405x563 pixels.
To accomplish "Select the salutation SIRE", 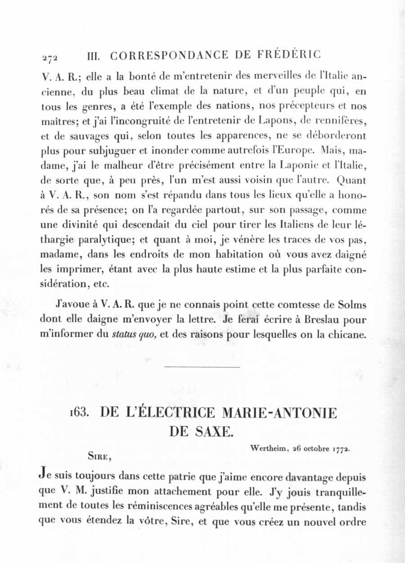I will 99,456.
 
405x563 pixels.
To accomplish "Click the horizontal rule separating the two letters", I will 202,367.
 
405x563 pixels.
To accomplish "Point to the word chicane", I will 348,334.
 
